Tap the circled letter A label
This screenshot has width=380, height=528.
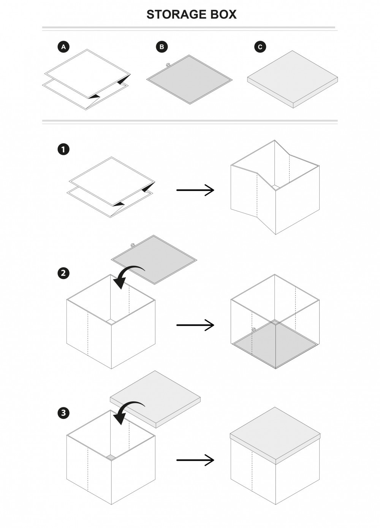63,47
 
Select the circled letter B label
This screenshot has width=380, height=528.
162,47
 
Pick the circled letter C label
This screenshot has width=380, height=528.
260,47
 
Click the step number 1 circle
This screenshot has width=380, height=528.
63,149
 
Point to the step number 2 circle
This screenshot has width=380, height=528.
63,273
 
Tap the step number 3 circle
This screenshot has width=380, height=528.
63,412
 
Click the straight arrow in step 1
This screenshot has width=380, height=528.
195,190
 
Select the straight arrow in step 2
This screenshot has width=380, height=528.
195,325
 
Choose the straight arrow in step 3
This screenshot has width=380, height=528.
195,460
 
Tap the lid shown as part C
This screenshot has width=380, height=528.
292,79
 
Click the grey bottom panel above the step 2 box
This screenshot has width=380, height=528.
154,259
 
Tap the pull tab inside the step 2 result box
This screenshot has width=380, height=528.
253,329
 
